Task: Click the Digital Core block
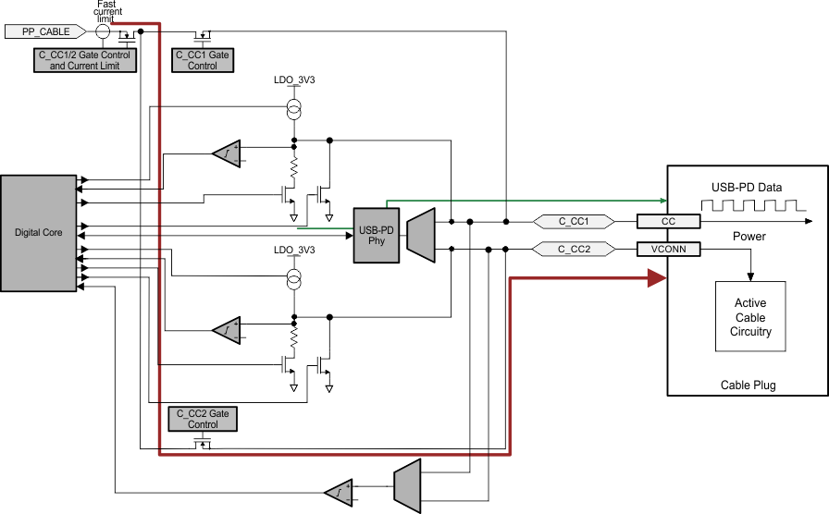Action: click(x=40, y=232)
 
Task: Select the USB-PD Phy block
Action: click(x=375, y=235)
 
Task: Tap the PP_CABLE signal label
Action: click(x=46, y=31)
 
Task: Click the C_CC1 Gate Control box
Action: click(x=203, y=61)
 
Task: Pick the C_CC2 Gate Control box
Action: click(x=203, y=419)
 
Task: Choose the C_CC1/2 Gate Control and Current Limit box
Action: click(x=83, y=61)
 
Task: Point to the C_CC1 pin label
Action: click(x=574, y=222)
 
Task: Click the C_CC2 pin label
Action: click(x=574, y=249)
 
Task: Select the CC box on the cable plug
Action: click(x=668, y=222)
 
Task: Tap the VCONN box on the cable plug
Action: click(x=668, y=249)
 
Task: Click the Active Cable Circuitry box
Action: click(x=750, y=316)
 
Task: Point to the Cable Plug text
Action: click(x=748, y=385)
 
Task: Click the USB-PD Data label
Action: click(x=746, y=188)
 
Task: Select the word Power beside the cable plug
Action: click(x=749, y=236)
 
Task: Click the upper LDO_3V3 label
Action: click(x=294, y=81)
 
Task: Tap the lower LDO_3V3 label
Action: click(x=294, y=251)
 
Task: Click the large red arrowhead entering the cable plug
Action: click(x=658, y=277)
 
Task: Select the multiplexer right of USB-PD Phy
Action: click(x=420, y=235)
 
